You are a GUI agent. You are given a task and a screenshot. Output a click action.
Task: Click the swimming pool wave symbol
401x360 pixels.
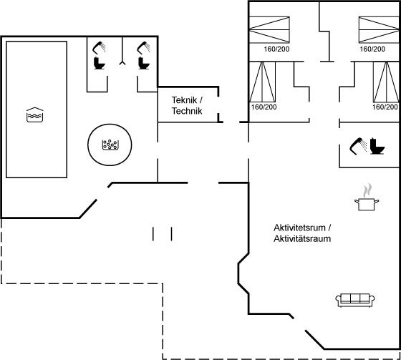pyautogui.click(x=35, y=115)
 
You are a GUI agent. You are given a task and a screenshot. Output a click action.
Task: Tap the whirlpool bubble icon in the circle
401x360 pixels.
pyautogui.click(x=110, y=145)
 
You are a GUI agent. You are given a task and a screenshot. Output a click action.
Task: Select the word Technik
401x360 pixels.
pyautogui.click(x=187, y=111)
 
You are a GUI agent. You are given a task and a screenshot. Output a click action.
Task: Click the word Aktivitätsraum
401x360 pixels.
pyautogui.click(x=302, y=238)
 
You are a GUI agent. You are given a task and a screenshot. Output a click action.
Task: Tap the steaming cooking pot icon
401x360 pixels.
pyautogui.click(x=367, y=197)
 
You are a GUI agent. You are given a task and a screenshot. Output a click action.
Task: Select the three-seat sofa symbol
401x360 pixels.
pyautogui.click(x=355, y=300)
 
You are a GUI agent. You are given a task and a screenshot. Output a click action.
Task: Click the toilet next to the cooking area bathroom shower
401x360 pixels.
pyautogui.click(x=377, y=146)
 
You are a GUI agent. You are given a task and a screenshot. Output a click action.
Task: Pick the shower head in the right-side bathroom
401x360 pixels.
pyautogui.click(x=358, y=146)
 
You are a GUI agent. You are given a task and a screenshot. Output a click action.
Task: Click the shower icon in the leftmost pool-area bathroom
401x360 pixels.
pyautogui.click(x=99, y=48)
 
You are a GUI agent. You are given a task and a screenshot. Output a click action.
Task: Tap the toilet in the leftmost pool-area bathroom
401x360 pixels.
pyautogui.click(x=100, y=63)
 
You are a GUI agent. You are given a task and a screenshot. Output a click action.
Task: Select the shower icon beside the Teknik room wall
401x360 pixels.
pyautogui.click(x=144, y=48)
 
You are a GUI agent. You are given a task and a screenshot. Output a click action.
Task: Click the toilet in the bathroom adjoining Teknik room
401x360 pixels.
pyautogui.click(x=144, y=63)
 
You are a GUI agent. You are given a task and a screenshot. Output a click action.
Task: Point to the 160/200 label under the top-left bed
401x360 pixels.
pyautogui.click(x=276, y=49)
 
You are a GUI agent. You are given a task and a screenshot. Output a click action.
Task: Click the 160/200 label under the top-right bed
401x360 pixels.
pyautogui.click(x=372, y=49)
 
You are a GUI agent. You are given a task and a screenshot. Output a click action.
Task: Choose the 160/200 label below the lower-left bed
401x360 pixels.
pyautogui.click(x=264, y=107)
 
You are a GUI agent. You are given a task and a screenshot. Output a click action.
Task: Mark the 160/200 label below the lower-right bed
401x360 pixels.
pyautogui.click(x=385, y=107)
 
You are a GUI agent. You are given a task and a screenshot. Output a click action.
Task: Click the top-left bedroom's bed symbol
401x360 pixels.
pyautogui.click(x=269, y=29)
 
